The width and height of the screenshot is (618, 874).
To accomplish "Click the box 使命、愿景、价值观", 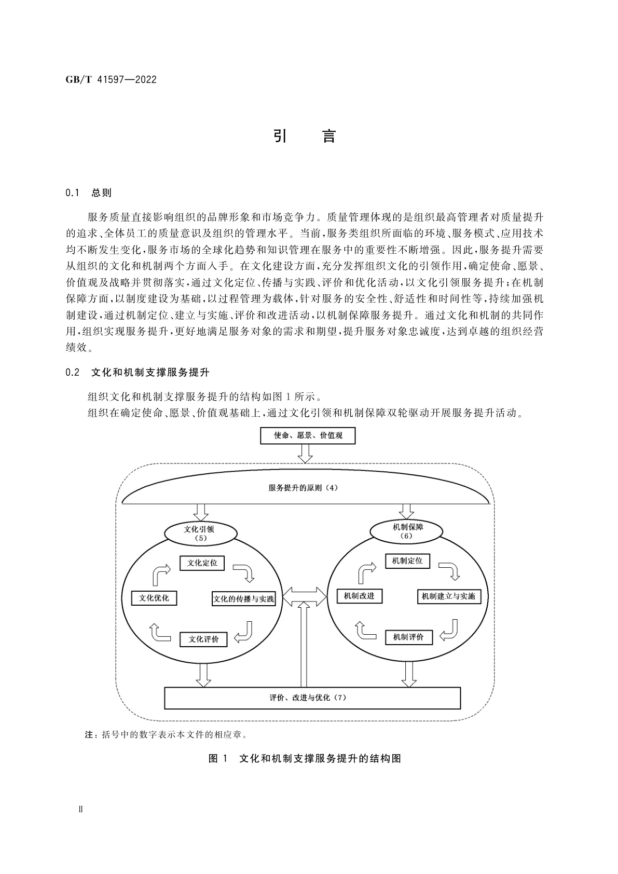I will point(308,435).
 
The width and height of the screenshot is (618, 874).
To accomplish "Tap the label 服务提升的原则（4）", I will point(304,488).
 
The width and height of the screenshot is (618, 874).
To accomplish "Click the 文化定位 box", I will point(202,563).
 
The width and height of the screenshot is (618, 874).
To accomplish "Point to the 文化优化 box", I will point(154,598).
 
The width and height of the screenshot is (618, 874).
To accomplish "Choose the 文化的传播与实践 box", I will point(243,599).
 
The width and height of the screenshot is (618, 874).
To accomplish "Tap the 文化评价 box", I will point(203,639).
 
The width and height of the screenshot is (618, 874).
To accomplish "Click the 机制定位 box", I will point(407,561).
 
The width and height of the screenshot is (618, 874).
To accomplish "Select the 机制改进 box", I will point(359,596).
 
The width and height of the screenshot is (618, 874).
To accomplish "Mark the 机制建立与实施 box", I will point(448,596).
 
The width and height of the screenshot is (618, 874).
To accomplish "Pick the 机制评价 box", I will point(408,637).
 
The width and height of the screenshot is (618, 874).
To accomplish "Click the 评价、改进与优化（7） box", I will point(312,698).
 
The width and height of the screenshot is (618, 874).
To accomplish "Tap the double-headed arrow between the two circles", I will point(305,595).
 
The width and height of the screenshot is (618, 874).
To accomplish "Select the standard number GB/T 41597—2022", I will point(111,80).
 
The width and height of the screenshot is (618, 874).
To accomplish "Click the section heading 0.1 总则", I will point(89,193).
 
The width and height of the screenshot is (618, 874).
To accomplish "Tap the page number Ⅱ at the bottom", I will point(79,810).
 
